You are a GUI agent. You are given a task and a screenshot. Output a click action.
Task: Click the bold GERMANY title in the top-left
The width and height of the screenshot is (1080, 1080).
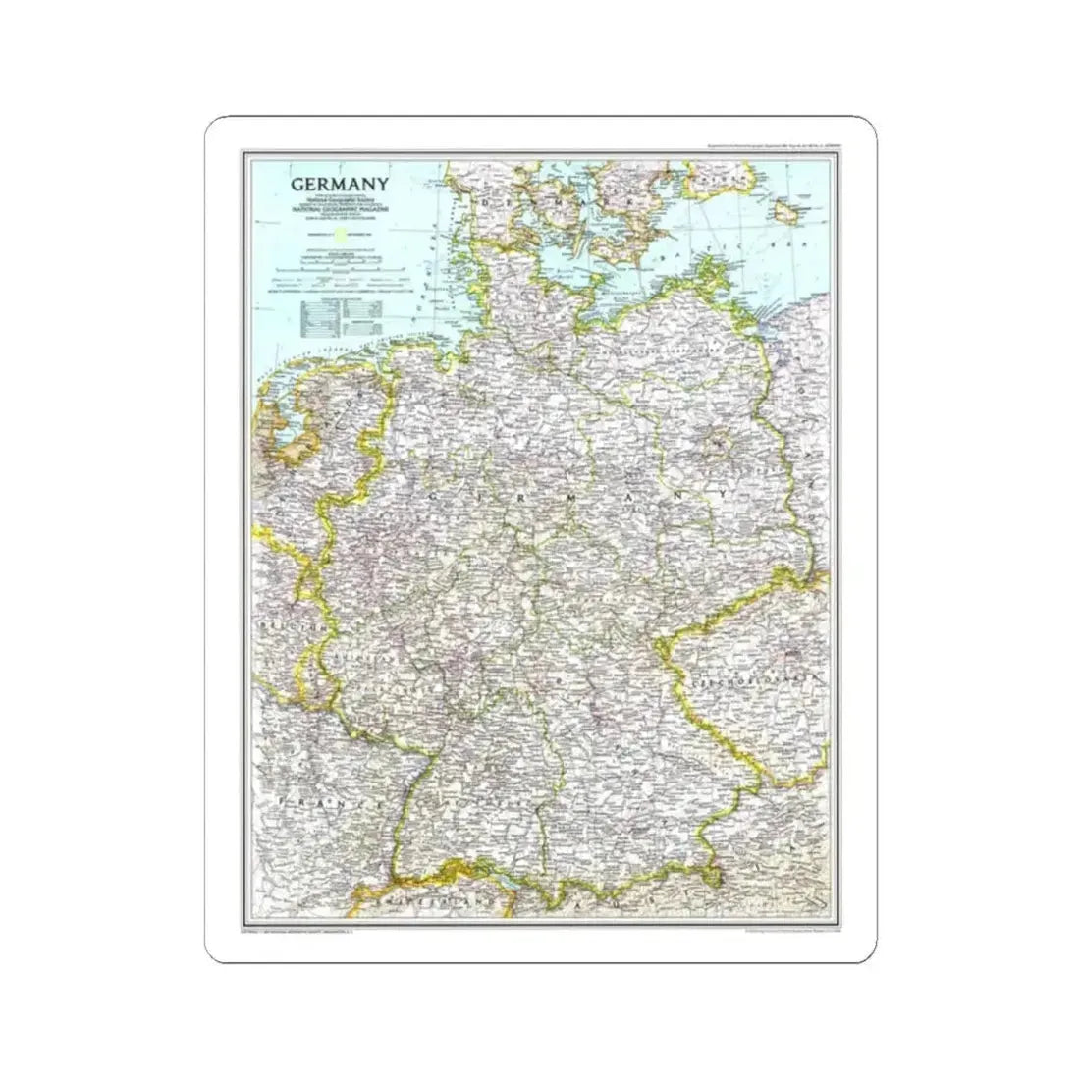[x=338, y=184]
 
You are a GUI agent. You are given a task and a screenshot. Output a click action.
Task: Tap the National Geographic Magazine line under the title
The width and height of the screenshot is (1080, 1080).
[x=339, y=210]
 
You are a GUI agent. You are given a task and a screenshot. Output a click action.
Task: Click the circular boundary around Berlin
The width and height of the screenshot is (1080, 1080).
[x=723, y=450]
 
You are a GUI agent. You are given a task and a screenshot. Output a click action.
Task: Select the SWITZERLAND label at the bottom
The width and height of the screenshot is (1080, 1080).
[x=422, y=898]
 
